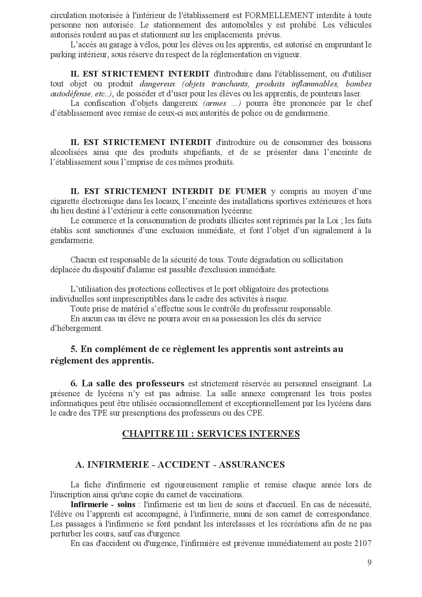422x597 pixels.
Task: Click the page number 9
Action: [369, 562]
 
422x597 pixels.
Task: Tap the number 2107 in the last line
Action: [362, 543]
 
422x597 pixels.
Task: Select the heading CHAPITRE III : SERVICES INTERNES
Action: [211, 433]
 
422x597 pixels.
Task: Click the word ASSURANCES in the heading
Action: [251, 465]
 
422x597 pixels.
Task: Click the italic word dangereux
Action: [157, 84]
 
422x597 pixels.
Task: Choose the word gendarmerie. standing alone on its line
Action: [72, 240]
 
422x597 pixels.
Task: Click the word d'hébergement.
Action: [76, 328]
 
